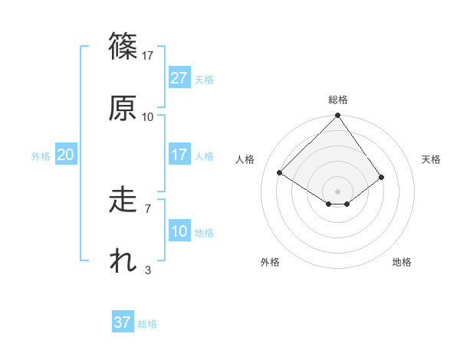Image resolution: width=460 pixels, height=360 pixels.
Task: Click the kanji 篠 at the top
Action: pos(123,46)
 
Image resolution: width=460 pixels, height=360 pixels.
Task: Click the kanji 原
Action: pos(123,107)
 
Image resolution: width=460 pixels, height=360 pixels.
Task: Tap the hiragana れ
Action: pos(123,261)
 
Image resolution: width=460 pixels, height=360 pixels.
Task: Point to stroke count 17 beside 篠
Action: pos(148,55)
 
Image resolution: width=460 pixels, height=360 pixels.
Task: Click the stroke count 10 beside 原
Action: pos(148,116)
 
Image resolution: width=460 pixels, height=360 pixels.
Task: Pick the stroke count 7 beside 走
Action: pos(147,208)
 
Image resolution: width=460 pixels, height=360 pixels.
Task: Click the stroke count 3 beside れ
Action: pos(147,270)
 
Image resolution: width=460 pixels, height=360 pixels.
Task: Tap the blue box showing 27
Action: pos(179,78)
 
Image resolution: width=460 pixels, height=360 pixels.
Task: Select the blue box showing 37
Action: pos(123,322)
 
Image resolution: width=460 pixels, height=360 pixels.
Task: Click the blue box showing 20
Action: pos(65,155)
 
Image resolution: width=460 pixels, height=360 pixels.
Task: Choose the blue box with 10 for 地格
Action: pos(179,231)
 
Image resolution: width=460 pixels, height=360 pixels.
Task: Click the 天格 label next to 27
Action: pos(204,80)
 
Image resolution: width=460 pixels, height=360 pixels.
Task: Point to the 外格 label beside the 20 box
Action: pos(41,156)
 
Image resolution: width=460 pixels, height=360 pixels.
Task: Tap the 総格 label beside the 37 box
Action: pos(147,324)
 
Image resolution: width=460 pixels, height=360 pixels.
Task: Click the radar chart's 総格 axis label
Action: pos(338,100)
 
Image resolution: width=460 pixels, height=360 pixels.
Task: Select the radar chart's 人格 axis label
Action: pos(245,159)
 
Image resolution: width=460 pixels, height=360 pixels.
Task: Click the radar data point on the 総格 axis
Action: pos(338,116)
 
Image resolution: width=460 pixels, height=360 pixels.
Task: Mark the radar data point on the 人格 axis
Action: pos(280,173)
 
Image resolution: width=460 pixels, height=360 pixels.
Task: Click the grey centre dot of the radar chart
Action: pos(338,191)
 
